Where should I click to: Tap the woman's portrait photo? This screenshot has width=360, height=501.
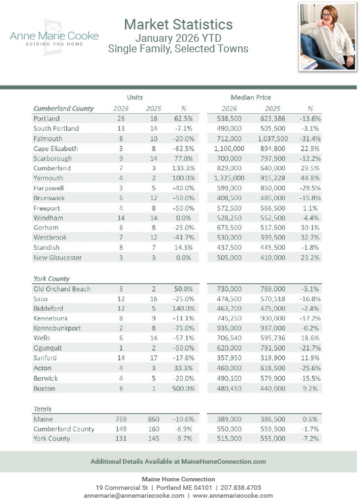pos(327,37)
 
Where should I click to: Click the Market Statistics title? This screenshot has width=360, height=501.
pos(178,24)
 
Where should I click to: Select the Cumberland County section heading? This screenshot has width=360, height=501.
pos(63,109)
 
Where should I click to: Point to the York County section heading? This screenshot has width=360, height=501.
pos(52,278)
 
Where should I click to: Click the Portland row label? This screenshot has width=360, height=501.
pos(46,118)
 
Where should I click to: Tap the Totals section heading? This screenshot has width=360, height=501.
pos(43,408)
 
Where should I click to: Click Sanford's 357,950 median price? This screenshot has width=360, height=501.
pos(229,358)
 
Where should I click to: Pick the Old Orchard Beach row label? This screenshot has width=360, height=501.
pos(62,288)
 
